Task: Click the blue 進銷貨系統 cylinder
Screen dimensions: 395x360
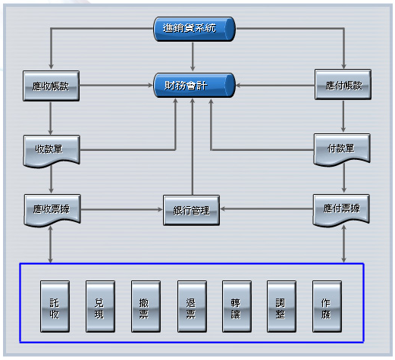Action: (x=194, y=29)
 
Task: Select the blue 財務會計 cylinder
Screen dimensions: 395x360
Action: (x=194, y=86)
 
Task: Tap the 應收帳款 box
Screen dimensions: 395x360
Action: (x=51, y=86)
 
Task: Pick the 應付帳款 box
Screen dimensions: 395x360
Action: (x=343, y=84)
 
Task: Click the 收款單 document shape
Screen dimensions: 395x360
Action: (x=52, y=151)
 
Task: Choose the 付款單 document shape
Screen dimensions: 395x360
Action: (x=342, y=149)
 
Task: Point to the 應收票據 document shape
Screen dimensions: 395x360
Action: (x=52, y=210)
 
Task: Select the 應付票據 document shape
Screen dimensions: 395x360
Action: (x=341, y=210)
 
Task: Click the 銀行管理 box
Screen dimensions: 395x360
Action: (x=191, y=210)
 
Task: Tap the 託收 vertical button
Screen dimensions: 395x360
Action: (x=55, y=306)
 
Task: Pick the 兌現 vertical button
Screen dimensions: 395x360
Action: (x=100, y=306)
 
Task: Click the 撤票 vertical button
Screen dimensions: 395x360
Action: (x=146, y=306)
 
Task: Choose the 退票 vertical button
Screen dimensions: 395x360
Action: (x=192, y=306)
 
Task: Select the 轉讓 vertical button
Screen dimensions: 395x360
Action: (x=237, y=306)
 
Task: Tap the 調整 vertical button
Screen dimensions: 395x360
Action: (x=281, y=306)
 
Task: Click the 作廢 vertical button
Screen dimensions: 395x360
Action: (x=327, y=306)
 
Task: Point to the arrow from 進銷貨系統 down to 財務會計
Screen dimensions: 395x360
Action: (x=193, y=57)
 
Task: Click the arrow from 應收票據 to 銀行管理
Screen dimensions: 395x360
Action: (x=121, y=209)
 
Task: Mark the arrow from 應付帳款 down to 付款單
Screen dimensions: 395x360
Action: (x=343, y=116)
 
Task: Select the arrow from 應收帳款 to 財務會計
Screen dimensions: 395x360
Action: (x=116, y=86)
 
